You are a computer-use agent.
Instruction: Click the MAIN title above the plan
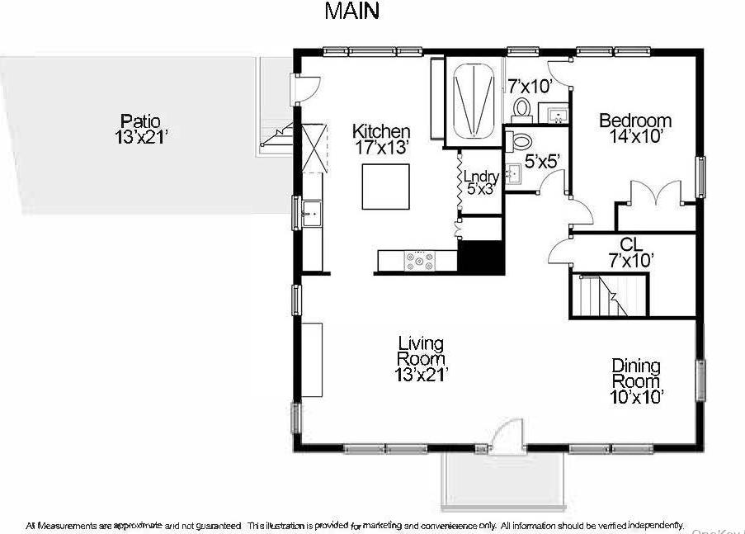pos(351,12)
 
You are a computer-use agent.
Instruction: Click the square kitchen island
pos(385,187)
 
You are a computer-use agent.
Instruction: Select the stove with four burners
pos(419,262)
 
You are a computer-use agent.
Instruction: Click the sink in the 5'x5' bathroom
pos(512,173)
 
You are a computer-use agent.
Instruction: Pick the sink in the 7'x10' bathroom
pos(551,112)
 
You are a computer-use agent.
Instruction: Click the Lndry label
pos(479,176)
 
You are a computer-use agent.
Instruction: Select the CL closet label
pos(630,243)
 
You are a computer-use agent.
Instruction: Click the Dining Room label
pos(636,373)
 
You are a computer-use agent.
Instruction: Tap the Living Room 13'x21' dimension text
pos(421,375)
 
